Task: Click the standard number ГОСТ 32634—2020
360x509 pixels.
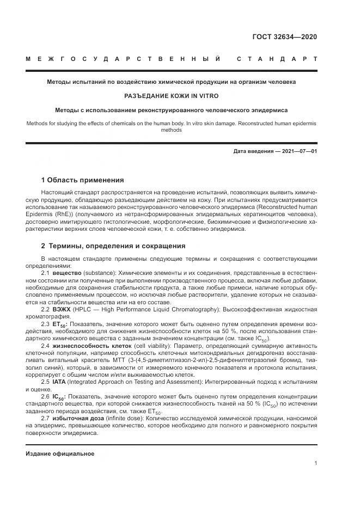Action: click(x=285, y=38)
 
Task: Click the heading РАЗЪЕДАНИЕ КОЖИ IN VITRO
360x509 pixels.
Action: click(x=171, y=96)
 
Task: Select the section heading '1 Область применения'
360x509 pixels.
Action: click(x=82, y=180)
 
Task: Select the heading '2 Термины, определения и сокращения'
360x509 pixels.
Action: click(x=113, y=246)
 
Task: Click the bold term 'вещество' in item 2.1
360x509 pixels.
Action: click(x=67, y=272)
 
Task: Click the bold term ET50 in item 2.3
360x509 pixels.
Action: click(x=60, y=324)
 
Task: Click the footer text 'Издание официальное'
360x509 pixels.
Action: click(x=60, y=453)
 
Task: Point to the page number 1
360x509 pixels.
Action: click(x=315, y=463)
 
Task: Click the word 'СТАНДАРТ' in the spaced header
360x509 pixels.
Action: click(x=277, y=59)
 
